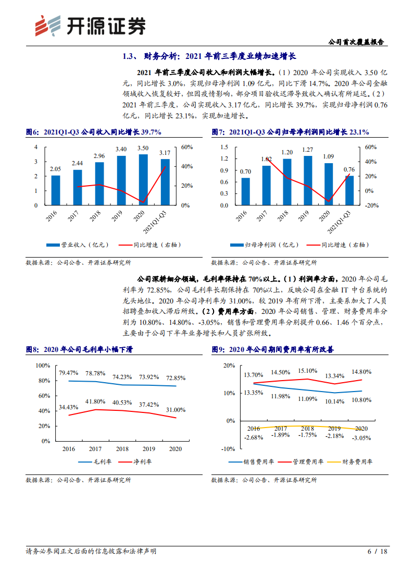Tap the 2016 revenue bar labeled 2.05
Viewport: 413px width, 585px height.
55,190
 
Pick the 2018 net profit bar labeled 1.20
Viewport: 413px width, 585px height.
287,182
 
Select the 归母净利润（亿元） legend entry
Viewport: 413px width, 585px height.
265,244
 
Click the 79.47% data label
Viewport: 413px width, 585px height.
69,373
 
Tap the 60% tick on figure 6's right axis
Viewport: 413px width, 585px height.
187,147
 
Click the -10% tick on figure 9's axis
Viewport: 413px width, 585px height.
228,448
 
